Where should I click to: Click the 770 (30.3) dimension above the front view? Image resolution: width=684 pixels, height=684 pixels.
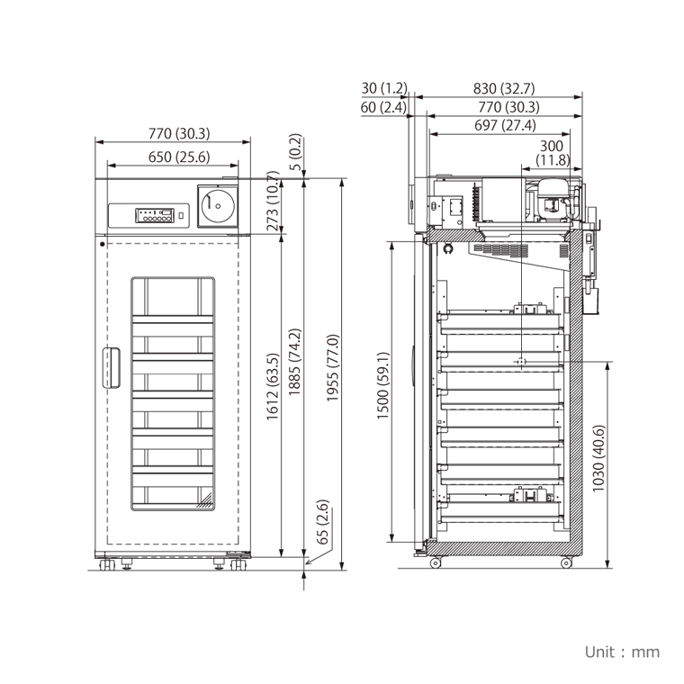pyautogui.click(x=178, y=134)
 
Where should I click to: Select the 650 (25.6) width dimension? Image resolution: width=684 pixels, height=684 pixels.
pyautogui.click(x=178, y=157)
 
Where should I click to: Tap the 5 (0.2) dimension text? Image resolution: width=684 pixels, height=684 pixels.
pyautogui.click(x=295, y=153)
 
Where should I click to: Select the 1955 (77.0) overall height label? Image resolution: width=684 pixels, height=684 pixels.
pyautogui.click(x=332, y=369)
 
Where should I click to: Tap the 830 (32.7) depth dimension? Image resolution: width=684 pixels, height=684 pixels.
pyautogui.click(x=503, y=88)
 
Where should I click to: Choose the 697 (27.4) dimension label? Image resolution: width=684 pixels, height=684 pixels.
pyautogui.click(x=505, y=126)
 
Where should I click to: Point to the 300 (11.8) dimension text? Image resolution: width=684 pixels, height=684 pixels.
pyautogui.click(x=552, y=153)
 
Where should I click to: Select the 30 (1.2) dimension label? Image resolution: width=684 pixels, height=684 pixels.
pyautogui.click(x=383, y=88)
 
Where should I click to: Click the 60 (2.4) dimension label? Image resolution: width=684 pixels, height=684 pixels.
pyautogui.click(x=383, y=107)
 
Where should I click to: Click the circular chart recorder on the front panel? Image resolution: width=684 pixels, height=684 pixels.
pyautogui.click(x=216, y=206)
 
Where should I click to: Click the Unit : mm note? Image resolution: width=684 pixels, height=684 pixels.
pyautogui.click(x=622, y=652)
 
